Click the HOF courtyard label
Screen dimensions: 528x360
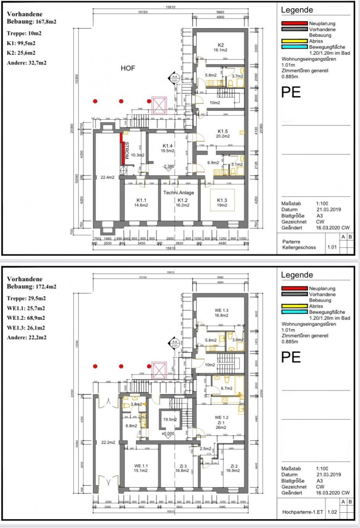pyautogui.click(x=128, y=68)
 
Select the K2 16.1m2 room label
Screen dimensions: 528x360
pyautogui.click(x=220, y=47)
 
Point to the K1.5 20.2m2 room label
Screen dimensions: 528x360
pyautogui.click(x=223, y=133)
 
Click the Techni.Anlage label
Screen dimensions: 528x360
pyautogui.click(x=178, y=193)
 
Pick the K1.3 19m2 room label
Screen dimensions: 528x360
pyautogui.click(x=222, y=203)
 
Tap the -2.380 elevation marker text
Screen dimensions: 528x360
pyautogui.click(x=169, y=166)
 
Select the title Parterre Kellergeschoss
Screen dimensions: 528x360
pyautogui.click(x=299, y=245)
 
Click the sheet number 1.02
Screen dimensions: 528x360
pyautogui.click(x=332, y=512)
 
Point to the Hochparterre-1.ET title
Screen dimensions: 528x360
pyautogui.click(x=302, y=512)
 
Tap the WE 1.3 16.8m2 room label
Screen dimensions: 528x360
pyautogui.click(x=221, y=313)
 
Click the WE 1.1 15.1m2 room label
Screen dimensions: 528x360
pyautogui.click(x=141, y=468)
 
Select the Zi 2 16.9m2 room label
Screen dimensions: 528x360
pyautogui.click(x=234, y=468)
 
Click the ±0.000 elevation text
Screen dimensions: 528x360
pyautogui.click(x=168, y=433)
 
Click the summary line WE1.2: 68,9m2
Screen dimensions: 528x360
pyautogui.click(x=26, y=318)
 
